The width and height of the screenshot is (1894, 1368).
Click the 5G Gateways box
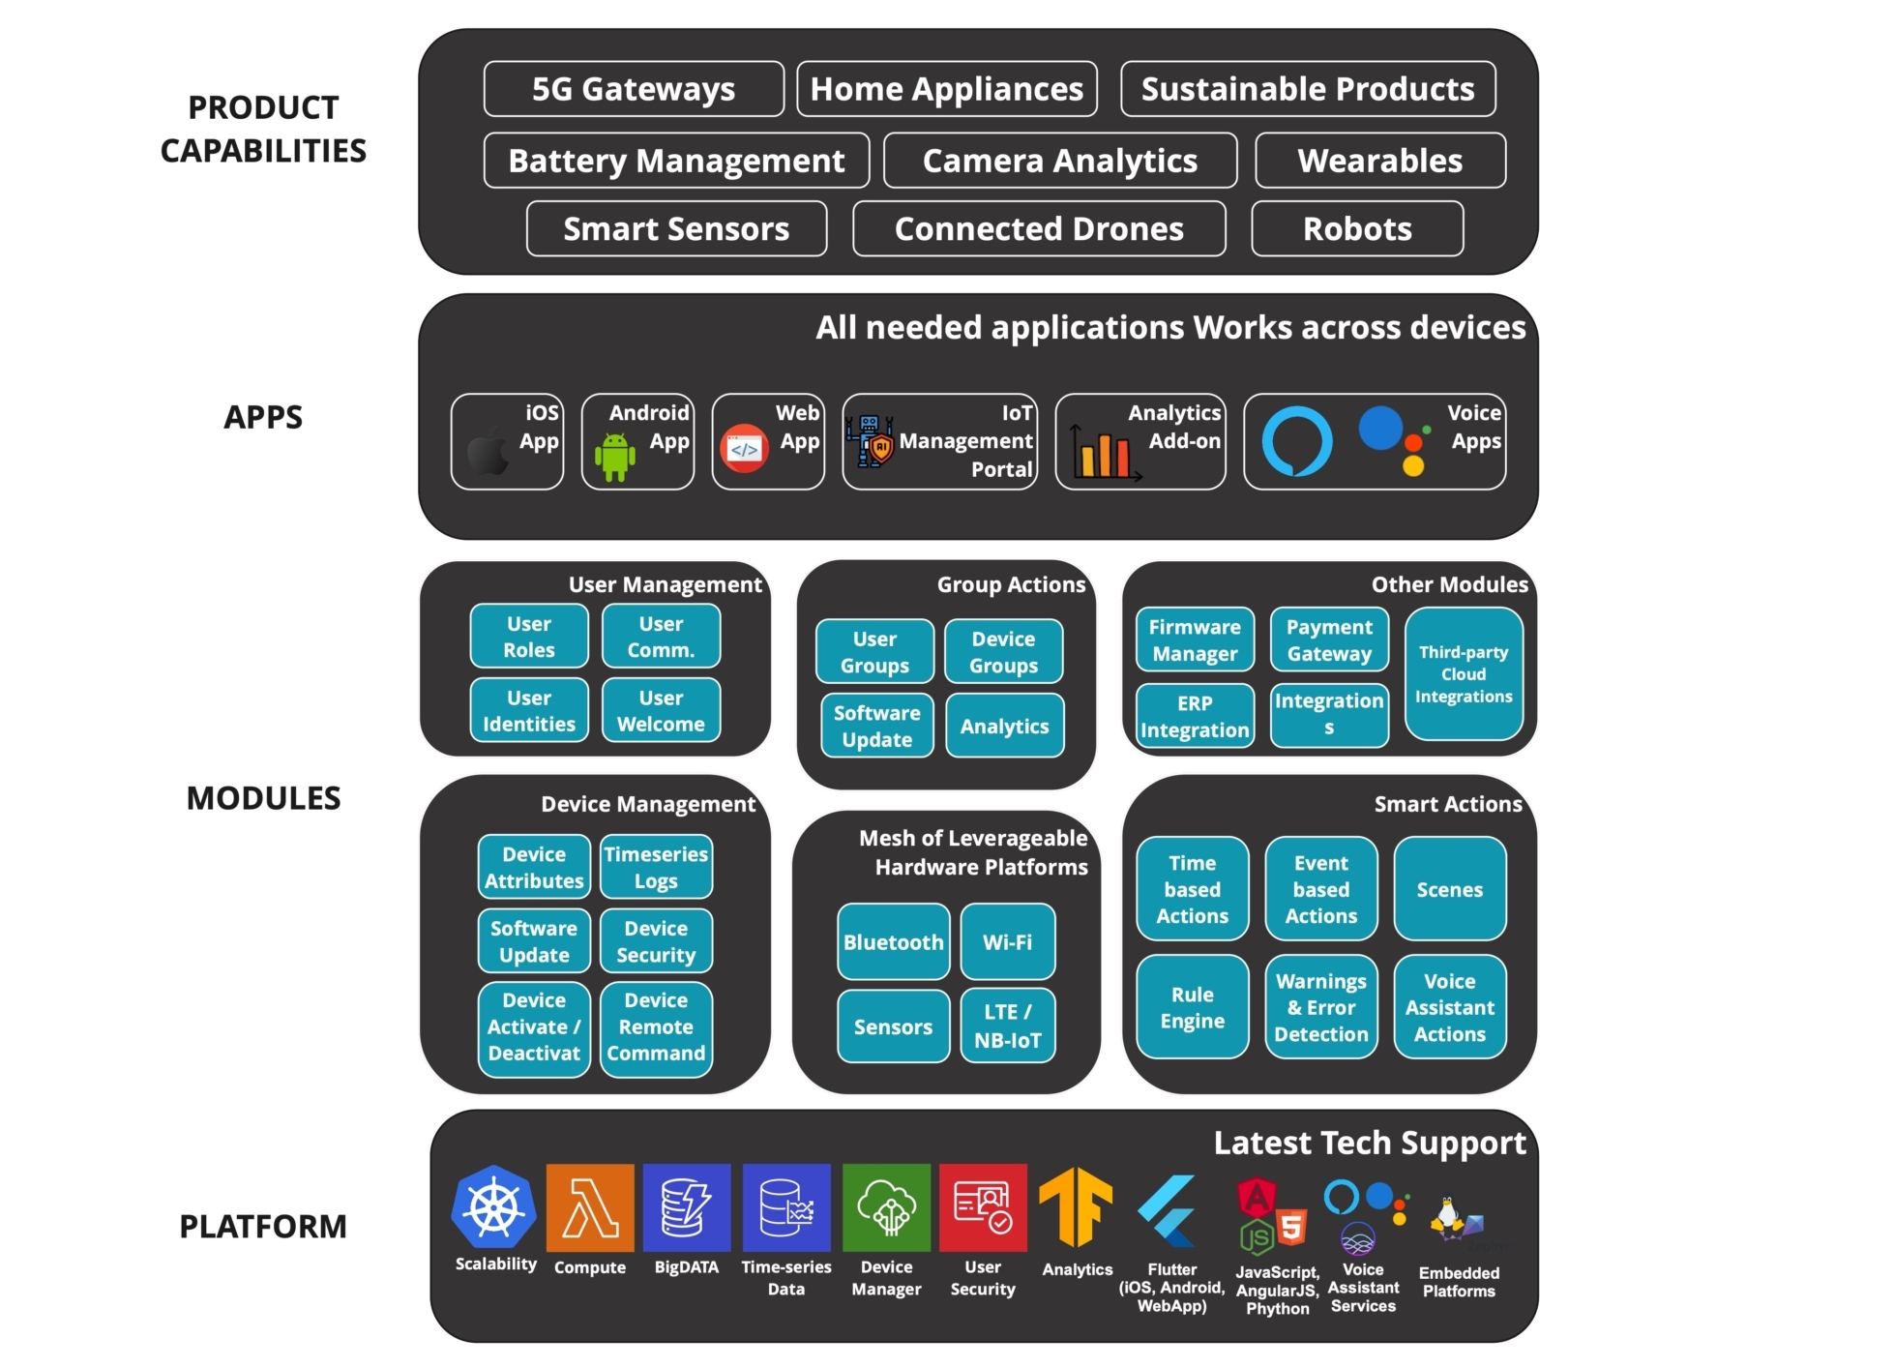[x=634, y=89]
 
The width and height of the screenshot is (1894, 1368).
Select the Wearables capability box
[x=1379, y=161]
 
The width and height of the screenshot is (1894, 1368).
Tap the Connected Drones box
[x=1039, y=229]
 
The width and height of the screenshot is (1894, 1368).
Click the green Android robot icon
[x=614, y=456]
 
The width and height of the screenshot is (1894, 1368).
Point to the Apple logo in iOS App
[x=488, y=451]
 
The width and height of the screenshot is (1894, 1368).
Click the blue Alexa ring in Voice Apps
[x=1296, y=442]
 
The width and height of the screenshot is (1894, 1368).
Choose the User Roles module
[x=529, y=637]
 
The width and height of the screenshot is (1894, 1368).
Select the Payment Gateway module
[x=1329, y=640]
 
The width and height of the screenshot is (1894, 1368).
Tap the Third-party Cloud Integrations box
[x=1464, y=674]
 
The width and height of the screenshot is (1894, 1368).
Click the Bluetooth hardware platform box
[x=893, y=942]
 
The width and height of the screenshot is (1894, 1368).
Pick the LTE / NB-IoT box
[x=1008, y=1026]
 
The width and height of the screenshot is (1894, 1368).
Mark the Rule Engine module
[x=1192, y=1008]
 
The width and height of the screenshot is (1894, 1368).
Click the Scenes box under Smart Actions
[x=1449, y=890]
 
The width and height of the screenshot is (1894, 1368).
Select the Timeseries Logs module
[x=656, y=868]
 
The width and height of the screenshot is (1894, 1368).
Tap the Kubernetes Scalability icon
[x=494, y=1207]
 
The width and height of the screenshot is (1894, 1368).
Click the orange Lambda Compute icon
[x=590, y=1208]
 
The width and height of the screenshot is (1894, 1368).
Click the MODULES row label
[x=263, y=798]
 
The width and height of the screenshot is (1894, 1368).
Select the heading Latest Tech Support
[x=1369, y=1144]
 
